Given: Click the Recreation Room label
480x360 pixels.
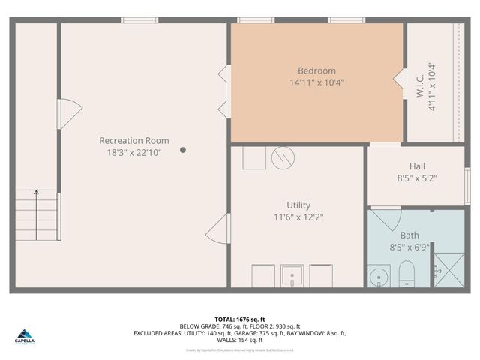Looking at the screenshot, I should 134,140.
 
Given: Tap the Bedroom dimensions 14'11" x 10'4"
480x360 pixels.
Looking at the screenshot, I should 316,82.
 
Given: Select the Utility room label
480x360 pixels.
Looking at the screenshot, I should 298,205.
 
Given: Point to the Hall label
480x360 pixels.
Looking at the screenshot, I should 417,166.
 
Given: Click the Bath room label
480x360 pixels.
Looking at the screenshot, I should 409,235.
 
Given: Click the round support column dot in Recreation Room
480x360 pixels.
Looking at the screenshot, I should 183,150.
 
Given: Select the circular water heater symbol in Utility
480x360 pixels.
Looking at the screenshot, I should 283,157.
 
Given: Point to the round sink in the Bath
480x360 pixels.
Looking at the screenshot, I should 379,277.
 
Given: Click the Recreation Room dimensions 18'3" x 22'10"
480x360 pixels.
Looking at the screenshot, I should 134,152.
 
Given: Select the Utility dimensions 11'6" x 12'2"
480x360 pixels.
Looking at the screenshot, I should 298,217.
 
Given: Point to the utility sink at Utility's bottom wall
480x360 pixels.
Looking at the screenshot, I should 292,275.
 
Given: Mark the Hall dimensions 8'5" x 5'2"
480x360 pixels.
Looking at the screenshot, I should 417,178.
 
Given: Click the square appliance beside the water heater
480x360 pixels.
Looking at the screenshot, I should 254,157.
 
